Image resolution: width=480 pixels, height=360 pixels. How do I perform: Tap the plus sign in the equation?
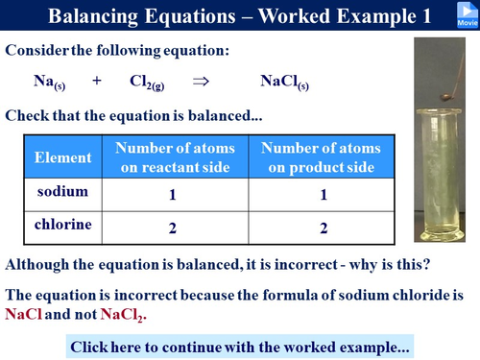tap(97, 83)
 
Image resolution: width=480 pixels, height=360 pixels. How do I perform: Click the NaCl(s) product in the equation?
tap(284, 84)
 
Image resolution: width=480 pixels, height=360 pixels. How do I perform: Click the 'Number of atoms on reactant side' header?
tap(174, 156)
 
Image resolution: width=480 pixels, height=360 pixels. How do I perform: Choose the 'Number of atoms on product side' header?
tap(321, 156)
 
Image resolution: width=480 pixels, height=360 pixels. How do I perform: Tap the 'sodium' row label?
tap(62, 191)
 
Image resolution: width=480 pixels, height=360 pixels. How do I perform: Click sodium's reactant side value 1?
tap(174, 195)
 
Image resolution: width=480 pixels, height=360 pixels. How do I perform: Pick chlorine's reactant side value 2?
tap(174, 228)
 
